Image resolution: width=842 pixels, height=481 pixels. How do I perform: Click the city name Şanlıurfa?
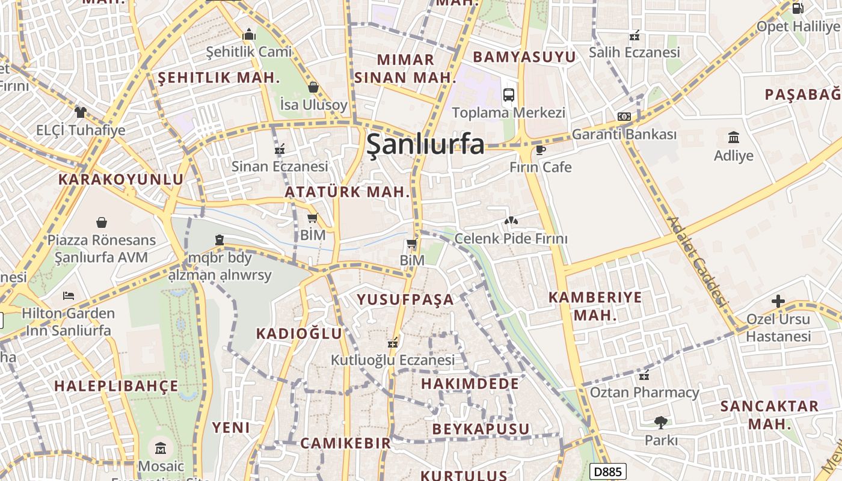pyautogui.click(x=425, y=144)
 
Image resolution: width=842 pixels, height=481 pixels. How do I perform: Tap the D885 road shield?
pyautogui.click(x=607, y=472)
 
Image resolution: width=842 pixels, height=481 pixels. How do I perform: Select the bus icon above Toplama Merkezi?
pyautogui.click(x=509, y=94)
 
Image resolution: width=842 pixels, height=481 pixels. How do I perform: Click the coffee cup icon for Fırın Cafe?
pyautogui.click(x=540, y=150)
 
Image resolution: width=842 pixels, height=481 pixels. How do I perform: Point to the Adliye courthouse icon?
pyautogui.click(x=734, y=137)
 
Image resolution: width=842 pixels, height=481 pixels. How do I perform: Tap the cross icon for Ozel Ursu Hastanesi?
pyautogui.click(x=778, y=301)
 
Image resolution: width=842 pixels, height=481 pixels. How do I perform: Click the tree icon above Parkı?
pyautogui.click(x=661, y=423)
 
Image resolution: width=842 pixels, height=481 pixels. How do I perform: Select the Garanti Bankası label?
pyautogui.click(x=624, y=134)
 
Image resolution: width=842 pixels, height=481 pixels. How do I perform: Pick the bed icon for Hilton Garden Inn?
pyautogui.click(x=69, y=296)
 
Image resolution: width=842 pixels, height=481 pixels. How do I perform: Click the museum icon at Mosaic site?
pyautogui.click(x=161, y=448)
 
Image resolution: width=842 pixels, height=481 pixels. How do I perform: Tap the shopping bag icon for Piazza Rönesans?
pyautogui.click(x=102, y=222)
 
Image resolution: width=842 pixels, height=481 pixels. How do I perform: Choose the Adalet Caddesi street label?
pyautogui.click(x=698, y=262)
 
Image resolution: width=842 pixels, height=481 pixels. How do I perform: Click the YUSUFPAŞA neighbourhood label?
pyautogui.click(x=405, y=299)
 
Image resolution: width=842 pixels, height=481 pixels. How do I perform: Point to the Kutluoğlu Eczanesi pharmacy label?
pyautogui.click(x=393, y=360)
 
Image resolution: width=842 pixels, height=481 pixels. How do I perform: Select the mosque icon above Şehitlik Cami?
pyautogui.click(x=249, y=35)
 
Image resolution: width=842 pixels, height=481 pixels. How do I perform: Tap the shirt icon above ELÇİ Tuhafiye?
pyautogui.click(x=81, y=112)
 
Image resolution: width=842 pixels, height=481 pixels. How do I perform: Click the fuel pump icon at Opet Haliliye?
pyautogui.click(x=797, y=8)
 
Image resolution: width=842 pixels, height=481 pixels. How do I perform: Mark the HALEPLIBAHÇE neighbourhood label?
pyautogui.click(x=116, y=385)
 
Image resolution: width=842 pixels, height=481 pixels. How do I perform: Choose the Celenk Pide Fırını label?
pyautogui.click(x=511, y=239)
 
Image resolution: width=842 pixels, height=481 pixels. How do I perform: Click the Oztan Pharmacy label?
pyautogui.click(x=645, y=393)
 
